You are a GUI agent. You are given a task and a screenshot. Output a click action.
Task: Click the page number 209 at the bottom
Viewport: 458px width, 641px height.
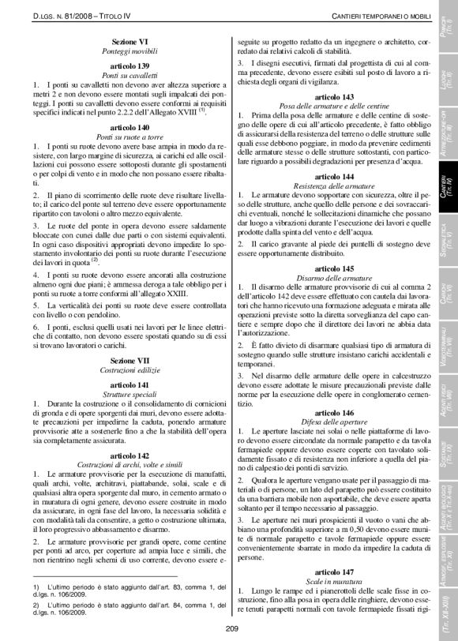231,628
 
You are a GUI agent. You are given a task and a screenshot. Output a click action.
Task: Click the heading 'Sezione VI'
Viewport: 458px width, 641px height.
131,39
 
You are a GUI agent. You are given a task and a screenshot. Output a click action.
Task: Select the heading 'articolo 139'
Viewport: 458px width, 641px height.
131,65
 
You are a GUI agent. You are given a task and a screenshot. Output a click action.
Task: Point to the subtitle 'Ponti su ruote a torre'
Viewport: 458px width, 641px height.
131,137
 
